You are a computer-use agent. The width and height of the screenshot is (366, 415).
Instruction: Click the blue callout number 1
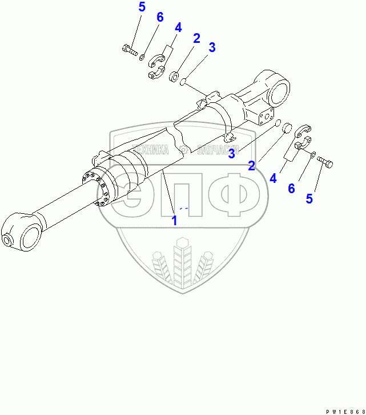click(x=175, y=220)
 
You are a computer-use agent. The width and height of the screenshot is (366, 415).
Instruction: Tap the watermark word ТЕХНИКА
click(x=151, y=150)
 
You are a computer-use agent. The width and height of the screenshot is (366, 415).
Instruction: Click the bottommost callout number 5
click(x=309, y=199)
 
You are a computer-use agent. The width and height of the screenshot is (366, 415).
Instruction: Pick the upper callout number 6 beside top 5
click(x=160, y=17)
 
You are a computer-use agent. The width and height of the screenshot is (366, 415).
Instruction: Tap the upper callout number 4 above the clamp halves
click(x=178, y=27)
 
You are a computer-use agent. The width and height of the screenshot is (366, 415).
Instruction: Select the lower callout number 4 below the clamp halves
click(x=274, y=178)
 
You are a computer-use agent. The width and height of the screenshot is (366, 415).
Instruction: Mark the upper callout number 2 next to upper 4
click(x=196, y=39)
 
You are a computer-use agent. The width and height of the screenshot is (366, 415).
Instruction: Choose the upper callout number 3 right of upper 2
click(x=212, y=47)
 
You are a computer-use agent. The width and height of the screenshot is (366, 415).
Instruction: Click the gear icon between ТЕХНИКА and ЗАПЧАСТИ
click(x=183, y=150)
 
